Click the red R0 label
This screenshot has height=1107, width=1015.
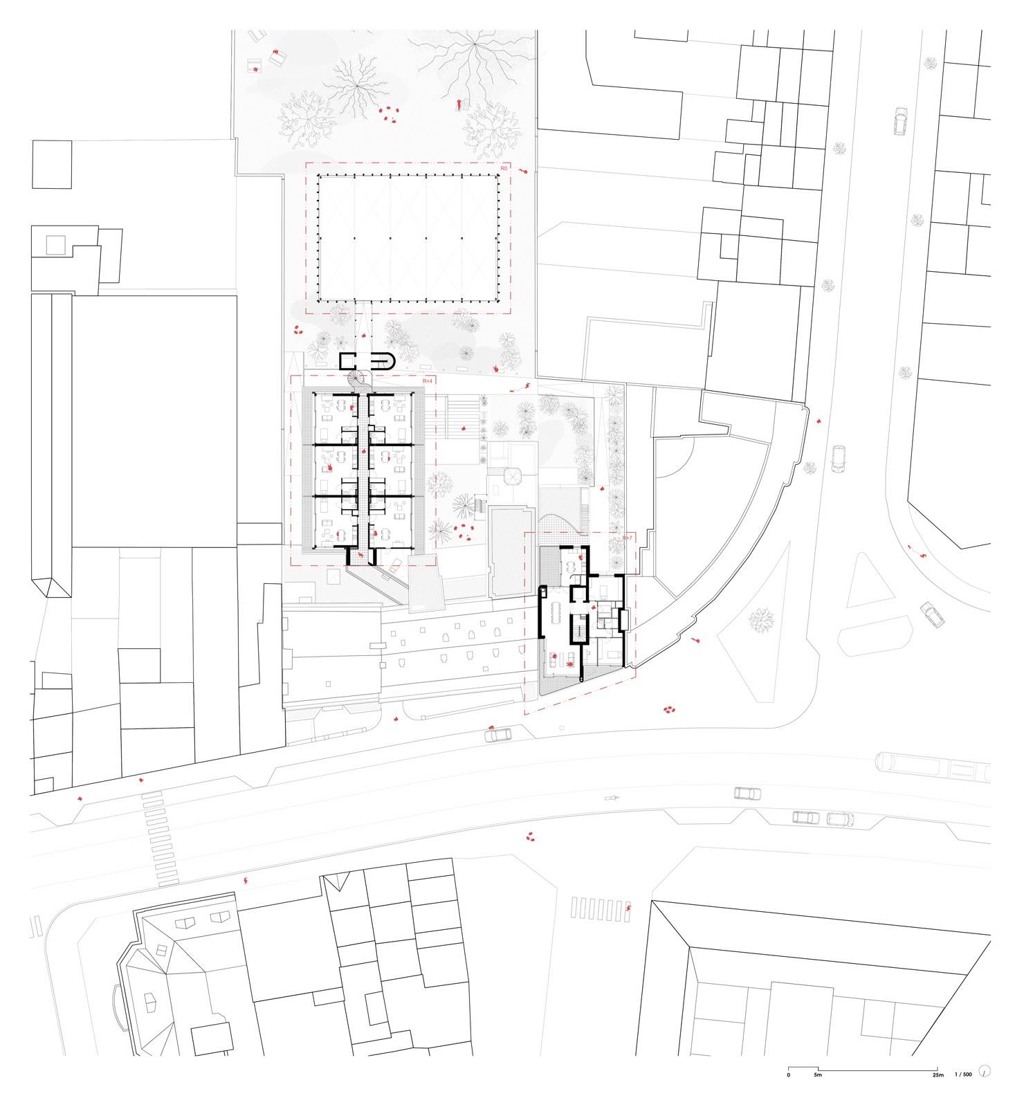(x=504, y=168)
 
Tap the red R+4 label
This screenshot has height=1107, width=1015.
(x=427, y=381)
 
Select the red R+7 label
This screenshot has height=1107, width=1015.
(x=627, y=538)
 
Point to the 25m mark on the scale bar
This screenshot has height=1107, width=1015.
(x=937, y=1074)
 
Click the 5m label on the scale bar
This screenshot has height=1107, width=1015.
(x=818, y=1074)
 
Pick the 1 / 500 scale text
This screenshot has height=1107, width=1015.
(x=963, y=1074)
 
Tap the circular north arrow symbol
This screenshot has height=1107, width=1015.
(x=985, y=1071)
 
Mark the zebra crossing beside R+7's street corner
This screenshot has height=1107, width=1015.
(x=600, y=908)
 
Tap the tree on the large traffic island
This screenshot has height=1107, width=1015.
(x=761, y=620)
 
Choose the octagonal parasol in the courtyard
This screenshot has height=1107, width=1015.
(x=514, y=477)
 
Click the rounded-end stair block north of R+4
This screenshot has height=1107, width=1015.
(x=367, y=360)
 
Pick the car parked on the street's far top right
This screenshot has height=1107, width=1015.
(x=899, y=121)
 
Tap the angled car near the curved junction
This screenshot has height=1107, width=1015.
(x=932, y=614)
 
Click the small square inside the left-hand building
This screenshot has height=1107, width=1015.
(x=55, y=245)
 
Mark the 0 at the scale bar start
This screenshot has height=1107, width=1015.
(x=788, y=1074)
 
